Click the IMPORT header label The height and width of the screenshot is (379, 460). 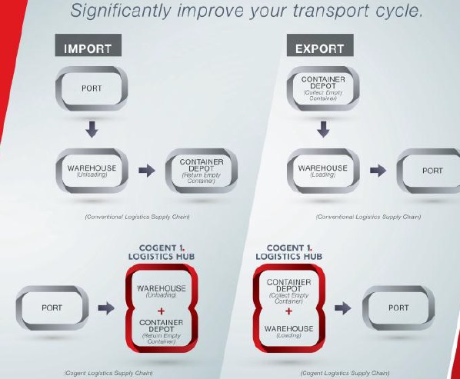tap(88, 45)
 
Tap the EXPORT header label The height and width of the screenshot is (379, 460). tap(320, 45)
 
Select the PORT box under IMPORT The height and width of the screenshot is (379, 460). tap(92, 88)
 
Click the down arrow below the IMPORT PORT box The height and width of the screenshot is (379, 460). tap(92, 129)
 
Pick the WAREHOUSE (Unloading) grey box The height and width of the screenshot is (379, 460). tap(92, 171)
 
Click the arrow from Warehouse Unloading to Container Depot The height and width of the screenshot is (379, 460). tap(147, 171)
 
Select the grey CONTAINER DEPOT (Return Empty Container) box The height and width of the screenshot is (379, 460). tap(202, 171)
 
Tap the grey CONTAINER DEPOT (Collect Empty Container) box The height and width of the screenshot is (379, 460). tap(323, 88)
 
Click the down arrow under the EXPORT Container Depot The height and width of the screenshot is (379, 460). tap(323, 129)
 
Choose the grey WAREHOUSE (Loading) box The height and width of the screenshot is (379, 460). tap(323, 171)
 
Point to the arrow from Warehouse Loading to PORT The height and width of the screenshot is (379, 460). tap(378, 171)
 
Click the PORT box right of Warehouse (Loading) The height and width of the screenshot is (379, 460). tap(428, 171)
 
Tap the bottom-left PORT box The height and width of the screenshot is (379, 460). tap(52, 308)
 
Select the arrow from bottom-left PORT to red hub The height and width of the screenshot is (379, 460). tap(106, 308)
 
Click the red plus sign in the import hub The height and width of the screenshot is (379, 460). tap(161, 311)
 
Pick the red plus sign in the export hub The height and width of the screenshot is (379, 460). tap(288, 311)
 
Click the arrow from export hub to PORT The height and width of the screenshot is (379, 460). tap(342, 308)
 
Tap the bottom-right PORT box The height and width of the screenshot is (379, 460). tap(398, 308)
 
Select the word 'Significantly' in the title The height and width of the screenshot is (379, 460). tap(121, 11)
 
